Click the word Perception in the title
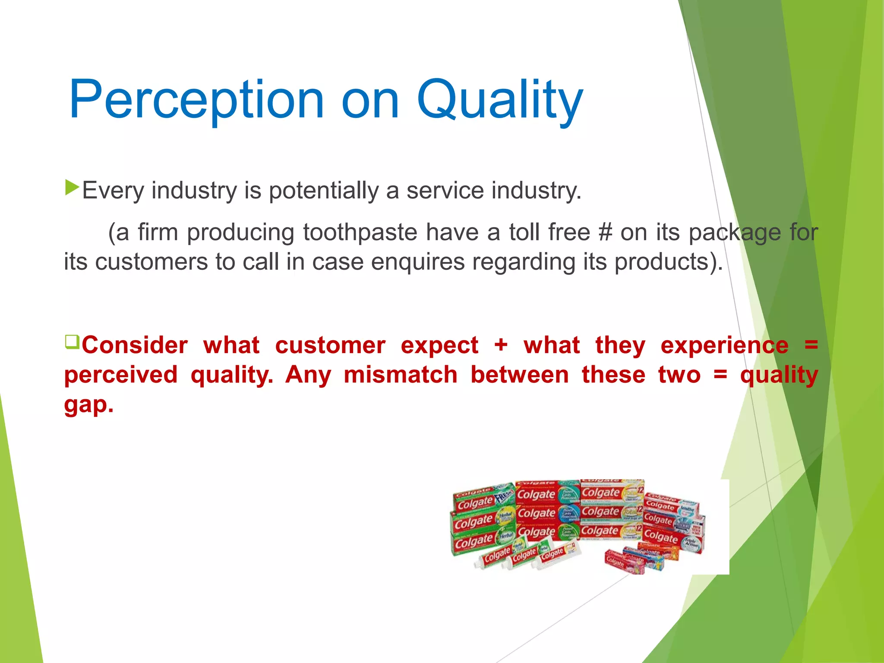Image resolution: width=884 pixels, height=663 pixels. pyautogui.click(x=196, y=100)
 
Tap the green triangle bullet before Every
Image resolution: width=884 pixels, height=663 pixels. pyautogui.click(x=72, y=188)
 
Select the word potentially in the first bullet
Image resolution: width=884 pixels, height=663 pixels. pyautogui.click(x=324, y=191)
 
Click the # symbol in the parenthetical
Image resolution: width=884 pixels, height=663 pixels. pyautogui.click(x=606, y=232)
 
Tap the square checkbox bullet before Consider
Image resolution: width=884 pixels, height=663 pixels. pyautogui.click(x=72, y=342)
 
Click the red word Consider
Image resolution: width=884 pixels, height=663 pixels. pyautogui.click(x=135, y=345)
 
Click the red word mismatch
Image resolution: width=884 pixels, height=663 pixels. pyautogui.click(x=401, y=375)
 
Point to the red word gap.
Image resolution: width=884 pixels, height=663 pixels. pyautogui.click(x=88, y=405)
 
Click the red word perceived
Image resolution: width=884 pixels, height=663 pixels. pyautogui.click(x=121, y=375)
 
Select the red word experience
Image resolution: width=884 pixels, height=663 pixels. pyautogui.click(x=724, y=345)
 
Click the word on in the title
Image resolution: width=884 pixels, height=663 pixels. pyautogui.click(x=370, y=100)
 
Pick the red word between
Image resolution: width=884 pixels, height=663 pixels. pyautogui.click(x=519, y=375)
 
